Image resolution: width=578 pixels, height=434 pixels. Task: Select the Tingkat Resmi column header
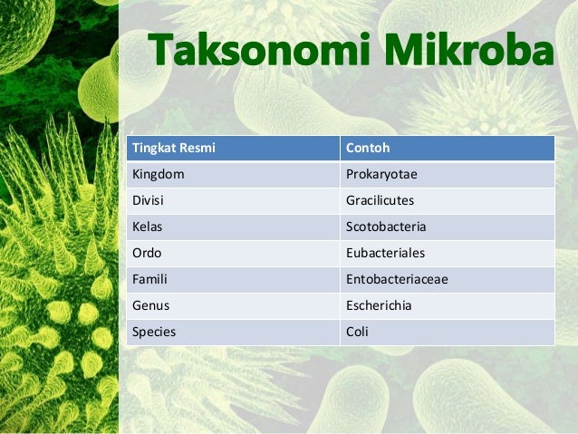coord(174,147)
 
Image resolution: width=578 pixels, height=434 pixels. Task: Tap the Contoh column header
coord(366,147)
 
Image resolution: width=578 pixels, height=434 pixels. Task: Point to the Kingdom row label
coord(159,173)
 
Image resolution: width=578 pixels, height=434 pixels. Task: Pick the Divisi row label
coord(150,199)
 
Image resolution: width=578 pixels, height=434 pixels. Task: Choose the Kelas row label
coord(149,227)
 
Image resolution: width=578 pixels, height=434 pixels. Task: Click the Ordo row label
coord(149,253)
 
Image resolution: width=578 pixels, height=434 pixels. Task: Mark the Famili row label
coord(151,279)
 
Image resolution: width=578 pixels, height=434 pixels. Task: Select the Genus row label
coord(151,305)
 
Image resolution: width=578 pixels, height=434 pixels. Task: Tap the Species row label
coord(154,332)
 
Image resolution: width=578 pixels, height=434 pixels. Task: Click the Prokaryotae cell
coord(381,173)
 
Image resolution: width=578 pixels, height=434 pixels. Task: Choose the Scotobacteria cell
coord(386,227)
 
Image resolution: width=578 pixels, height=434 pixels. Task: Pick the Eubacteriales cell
coord(385,253)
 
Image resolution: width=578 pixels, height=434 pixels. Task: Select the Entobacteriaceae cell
coord(397,279)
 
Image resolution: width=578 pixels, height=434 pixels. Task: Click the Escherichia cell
coord(379,305)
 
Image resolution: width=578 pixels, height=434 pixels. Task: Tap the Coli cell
coord(357,332)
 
